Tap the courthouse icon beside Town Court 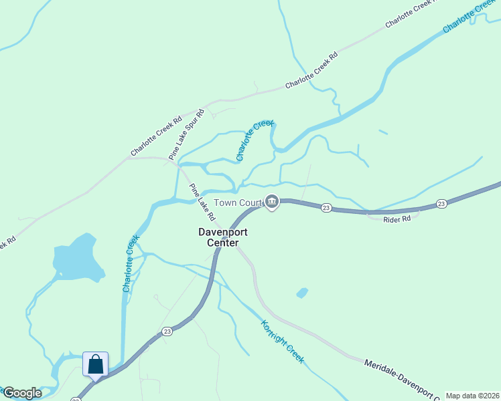click(272, 202)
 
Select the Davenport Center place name click(223, 237)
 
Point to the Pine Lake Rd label click(202, 203)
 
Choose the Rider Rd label click(397, 219)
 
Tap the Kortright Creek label click(282, 342)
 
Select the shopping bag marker click(95, 366)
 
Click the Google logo click(23, 393)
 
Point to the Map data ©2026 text click(473, 396)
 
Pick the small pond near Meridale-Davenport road click(302, 293)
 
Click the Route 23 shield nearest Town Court click(326, 208)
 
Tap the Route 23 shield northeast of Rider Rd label click(441, 203)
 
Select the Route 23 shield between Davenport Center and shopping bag click(167, 331)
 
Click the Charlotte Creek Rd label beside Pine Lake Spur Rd click(157, 137)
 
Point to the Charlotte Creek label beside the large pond click(131, 263)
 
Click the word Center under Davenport click(223, 243)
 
